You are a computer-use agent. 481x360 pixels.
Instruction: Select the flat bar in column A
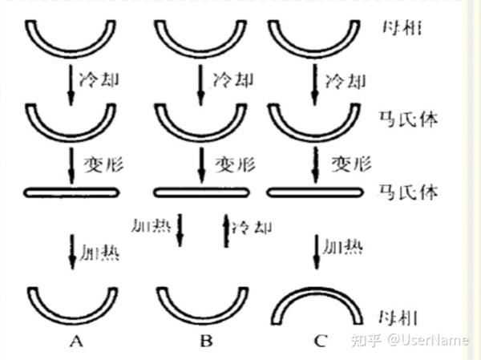point(72,192)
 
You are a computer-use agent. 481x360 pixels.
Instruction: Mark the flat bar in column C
point(317,192)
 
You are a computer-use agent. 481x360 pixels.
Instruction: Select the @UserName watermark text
point(430,340)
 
